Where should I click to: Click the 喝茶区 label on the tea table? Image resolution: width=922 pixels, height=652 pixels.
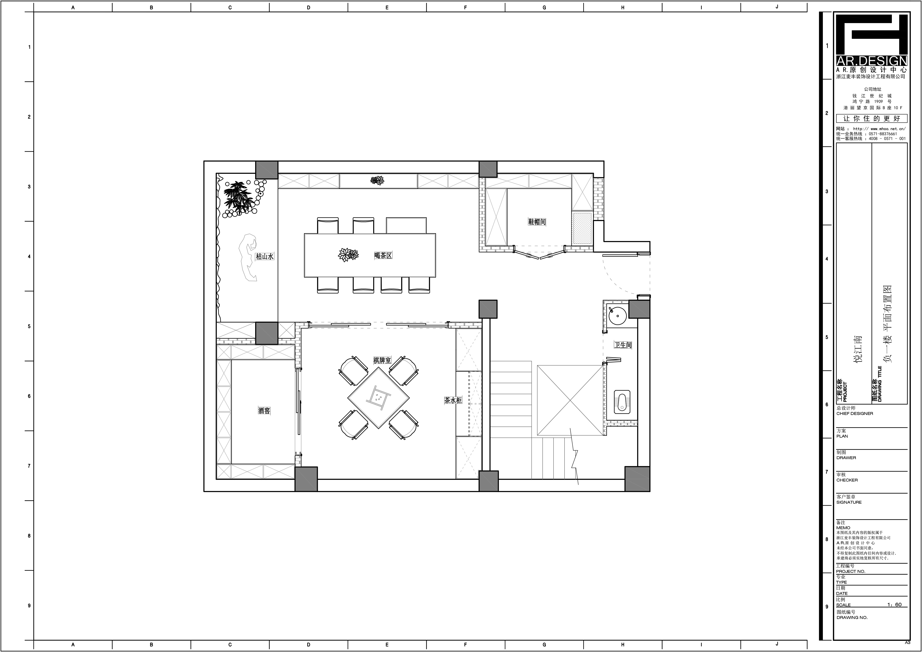pyautogui.click(x=383, y=255)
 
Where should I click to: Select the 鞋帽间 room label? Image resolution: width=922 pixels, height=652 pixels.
pyautogui.click(x=537, y=222)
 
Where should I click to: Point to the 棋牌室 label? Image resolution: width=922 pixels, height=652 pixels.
pyautogui.click(x=382, y=360)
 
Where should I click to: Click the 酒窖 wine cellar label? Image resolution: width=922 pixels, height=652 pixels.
pyautogui.click(x=264, y=411)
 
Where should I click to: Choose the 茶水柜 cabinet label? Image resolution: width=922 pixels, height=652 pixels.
pyautogui.click(x=453, y=400)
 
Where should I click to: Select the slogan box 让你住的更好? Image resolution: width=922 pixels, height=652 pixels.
pyautogui.click(x=871, y=118)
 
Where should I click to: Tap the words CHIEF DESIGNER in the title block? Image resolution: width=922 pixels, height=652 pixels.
pyautogui.click(x=855, y=414)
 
